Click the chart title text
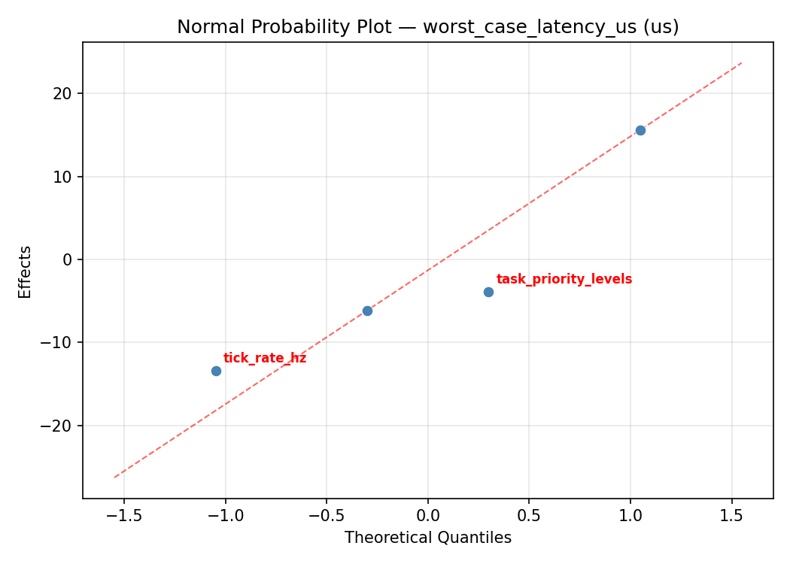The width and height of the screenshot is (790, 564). coord(427,27)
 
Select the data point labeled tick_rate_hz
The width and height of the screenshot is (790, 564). coord(216,371)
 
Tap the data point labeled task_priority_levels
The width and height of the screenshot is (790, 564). coord(488,292)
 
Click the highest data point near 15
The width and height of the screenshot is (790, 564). coord(640,130)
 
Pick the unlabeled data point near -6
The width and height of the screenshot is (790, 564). coord(367,311)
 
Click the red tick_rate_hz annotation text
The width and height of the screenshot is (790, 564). coord(265,358)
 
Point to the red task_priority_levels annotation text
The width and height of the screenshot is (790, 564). coord(564,279)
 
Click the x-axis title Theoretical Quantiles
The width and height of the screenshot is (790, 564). coord(427,538)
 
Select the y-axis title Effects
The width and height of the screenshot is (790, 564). coord(26,271)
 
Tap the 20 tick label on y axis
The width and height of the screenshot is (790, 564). coord(65,94)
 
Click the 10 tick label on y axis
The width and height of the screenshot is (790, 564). coord(65,177)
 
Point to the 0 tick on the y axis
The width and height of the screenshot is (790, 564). coord(69,260)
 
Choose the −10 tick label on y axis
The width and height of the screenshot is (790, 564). coord(59,343)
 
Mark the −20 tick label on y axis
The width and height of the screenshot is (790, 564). coord(59,426)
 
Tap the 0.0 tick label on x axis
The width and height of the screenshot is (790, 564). coord(427,515)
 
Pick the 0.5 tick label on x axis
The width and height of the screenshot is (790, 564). coord(529,515)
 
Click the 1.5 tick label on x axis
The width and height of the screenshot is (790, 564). coord(732,515)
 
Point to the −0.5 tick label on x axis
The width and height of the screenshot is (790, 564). coord(326,515)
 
